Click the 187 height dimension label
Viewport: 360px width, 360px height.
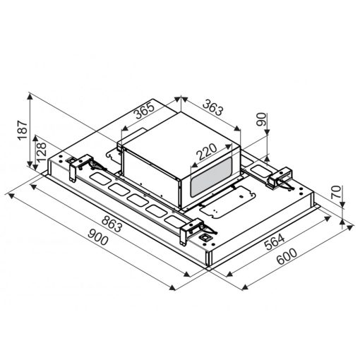(23, 129)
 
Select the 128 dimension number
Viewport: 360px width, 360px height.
(42, 150)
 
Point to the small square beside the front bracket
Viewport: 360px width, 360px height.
(205, 239)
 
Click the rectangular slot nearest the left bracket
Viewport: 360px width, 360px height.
(100, 182)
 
